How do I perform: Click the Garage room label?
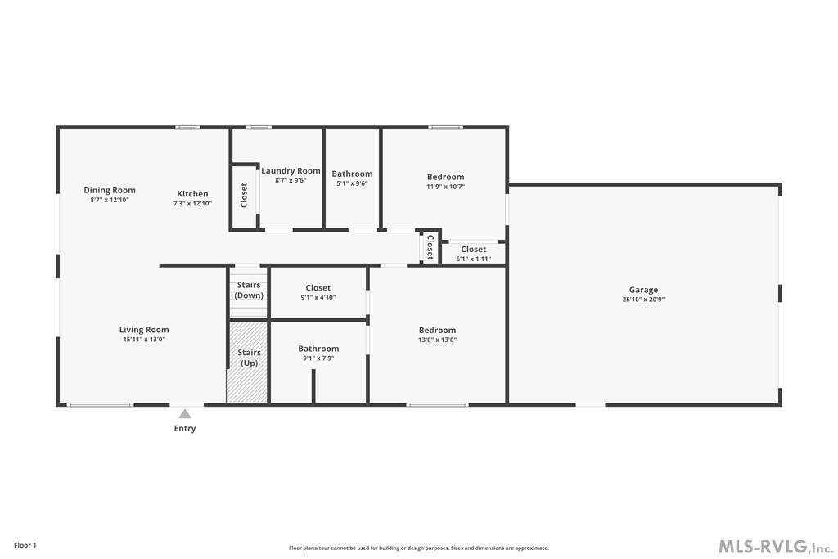pyautogui.click(x=643, y=290)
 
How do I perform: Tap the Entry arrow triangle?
pyautogui.click(x=185, y=414)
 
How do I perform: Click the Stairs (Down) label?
pyautogui.click(x=249, y=290)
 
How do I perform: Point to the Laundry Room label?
pyautogui.click(x=291, y=171)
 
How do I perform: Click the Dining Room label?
pyautogui.click(x=110, y=190)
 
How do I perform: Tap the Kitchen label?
pyautogui.click(x=192, y=194)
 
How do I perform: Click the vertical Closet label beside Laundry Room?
pyautogui.click(x=244, y=195)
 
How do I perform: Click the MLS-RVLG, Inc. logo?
pyautogui.click(x=775, y=546)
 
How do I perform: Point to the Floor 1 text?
pyautogui.click(x=25, y=545)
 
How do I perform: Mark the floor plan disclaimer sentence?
pyautogui.click(x=418, y=548)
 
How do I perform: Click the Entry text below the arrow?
pyautogui.click(x=185, y=429)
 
